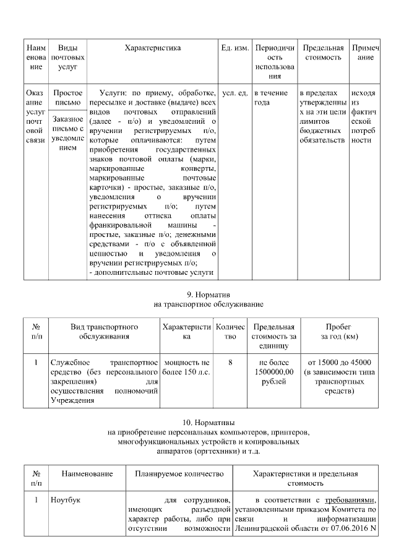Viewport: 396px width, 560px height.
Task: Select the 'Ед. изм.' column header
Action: pyautogui.click(x=235, y=48)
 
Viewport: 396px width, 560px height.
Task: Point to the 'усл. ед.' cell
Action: pyautogui.click(x=235, y=93)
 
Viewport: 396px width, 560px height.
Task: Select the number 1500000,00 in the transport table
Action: pyautogui.click(x=272, y=372)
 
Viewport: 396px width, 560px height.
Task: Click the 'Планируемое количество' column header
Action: pyautogui.click(x=179, y=474)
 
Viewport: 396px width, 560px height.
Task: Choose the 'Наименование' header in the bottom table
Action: pyautogui.click(x=87, y=474)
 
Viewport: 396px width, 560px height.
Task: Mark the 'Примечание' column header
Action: pyautogui.click(x=365, y=53)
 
